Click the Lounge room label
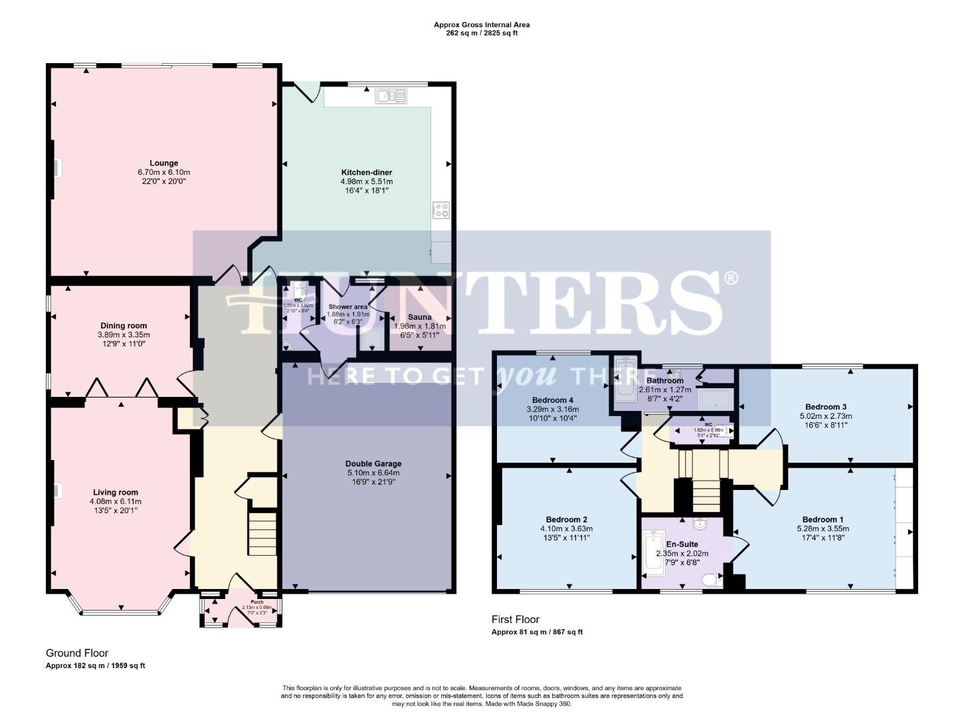point(163,163)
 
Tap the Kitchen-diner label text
point(367,172)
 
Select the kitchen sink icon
point(392,96)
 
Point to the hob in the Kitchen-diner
point(440,210)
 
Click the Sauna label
point(420,317)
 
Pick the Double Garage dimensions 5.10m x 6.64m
point(373,473)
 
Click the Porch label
point(238,602)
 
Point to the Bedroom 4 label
point(553,400)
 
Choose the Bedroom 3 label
point(825,406)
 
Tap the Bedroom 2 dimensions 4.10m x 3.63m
point(566,529)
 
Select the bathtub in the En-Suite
point(654,552)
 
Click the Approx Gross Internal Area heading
point(482,25)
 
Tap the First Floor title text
point(515,620)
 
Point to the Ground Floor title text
point(76,653)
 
